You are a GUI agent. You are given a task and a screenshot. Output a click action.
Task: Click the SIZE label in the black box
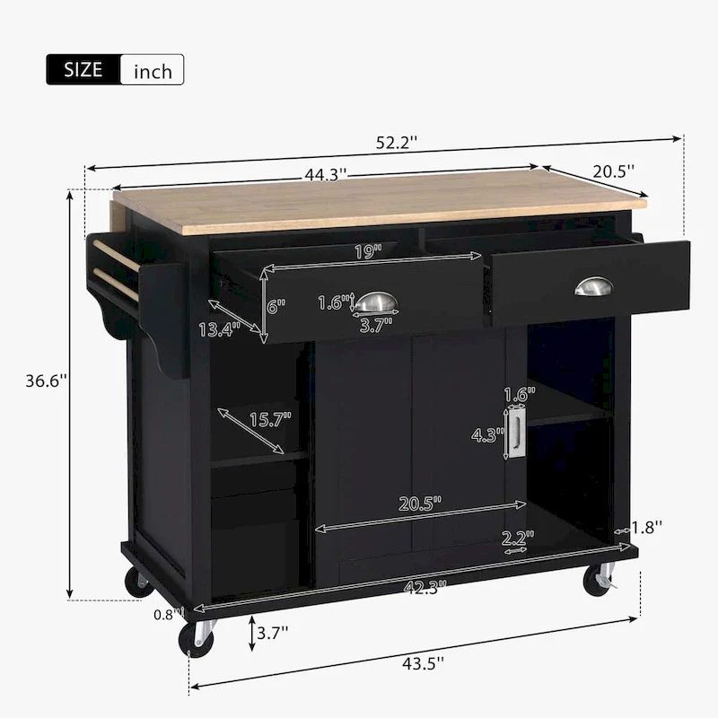83,70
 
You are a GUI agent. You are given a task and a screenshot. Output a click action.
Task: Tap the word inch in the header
152,71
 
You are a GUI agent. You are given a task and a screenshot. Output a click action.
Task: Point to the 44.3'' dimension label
325,175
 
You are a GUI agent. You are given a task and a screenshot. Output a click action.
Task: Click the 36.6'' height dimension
45,381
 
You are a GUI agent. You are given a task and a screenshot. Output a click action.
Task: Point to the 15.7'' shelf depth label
267,419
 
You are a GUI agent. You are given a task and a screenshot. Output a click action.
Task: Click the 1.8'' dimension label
646,529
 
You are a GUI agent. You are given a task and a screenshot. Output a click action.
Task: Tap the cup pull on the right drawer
593,286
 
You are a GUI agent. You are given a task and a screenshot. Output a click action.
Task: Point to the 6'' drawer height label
275,305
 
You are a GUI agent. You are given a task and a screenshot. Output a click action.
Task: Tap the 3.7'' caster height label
272,633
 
